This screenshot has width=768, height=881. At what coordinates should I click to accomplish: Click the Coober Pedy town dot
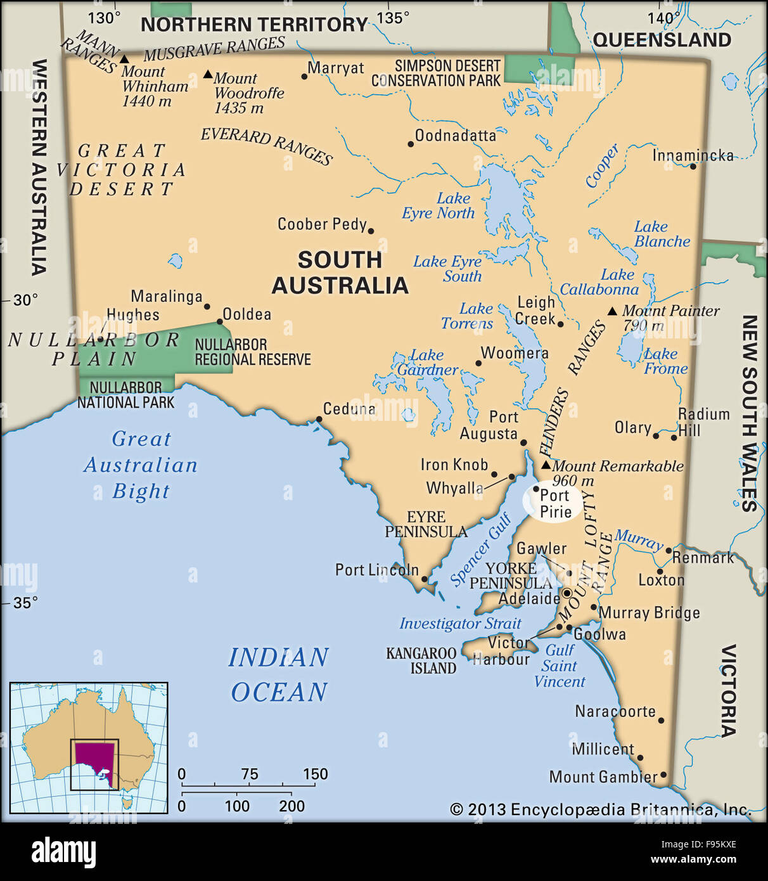click(371, 231)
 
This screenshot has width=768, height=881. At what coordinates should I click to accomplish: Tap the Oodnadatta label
click(455, 135)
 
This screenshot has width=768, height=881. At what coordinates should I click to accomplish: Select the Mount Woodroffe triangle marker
click(208, 75)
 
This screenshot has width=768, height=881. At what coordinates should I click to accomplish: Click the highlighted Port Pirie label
click(555, 503)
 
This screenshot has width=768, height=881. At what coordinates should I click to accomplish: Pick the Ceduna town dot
click(319, 419)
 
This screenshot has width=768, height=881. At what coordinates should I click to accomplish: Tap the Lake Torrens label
click(468, 316)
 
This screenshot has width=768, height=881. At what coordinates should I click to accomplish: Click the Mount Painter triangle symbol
click(612, 311)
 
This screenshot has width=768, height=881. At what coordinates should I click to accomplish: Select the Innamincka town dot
click(693, 166)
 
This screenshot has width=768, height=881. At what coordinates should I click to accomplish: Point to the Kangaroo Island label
click(421, 660)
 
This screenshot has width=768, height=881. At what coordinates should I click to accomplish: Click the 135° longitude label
click(393, 18)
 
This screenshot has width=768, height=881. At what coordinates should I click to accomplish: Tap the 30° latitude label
click(25, 299)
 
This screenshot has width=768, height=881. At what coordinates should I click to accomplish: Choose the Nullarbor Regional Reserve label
click(252, 352)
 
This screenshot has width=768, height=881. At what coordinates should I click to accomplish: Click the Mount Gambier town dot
click(663, 775)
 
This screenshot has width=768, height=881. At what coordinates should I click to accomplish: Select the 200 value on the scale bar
click(291, 806)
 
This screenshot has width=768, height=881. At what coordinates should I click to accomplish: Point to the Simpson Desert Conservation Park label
click(436, 74)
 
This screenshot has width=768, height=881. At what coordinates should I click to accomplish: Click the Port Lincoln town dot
click(425, 579)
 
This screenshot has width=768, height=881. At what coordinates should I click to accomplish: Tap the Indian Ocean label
click(279, 674)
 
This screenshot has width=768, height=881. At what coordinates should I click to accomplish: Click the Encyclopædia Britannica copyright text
click(600, 809)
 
